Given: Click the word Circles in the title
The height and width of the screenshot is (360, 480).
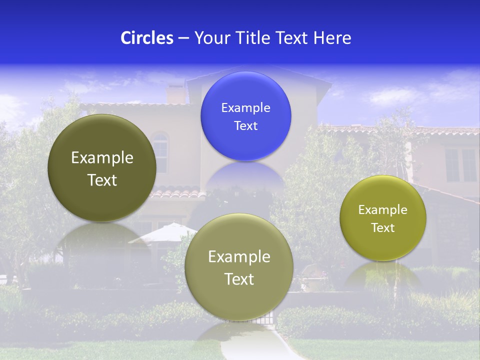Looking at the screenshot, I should [146, 38].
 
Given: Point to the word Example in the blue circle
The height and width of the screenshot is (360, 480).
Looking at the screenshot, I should [245, 108].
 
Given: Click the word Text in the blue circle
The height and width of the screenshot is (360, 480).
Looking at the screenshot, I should [245, 126].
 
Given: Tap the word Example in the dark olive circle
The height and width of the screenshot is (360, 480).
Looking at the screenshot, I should [102, 158].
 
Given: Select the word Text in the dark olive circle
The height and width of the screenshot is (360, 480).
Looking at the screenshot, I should [102, 180].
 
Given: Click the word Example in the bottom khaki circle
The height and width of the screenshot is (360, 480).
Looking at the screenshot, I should [239, 257].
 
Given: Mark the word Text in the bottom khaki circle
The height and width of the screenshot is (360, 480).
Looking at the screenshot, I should [239, 279].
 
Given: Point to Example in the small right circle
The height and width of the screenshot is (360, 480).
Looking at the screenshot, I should [382, 210].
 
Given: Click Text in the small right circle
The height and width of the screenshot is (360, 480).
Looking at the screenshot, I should [382, 228].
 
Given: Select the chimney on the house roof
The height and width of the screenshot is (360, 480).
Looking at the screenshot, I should [175, 94].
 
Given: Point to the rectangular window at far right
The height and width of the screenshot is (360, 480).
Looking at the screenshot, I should [460, 164].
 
